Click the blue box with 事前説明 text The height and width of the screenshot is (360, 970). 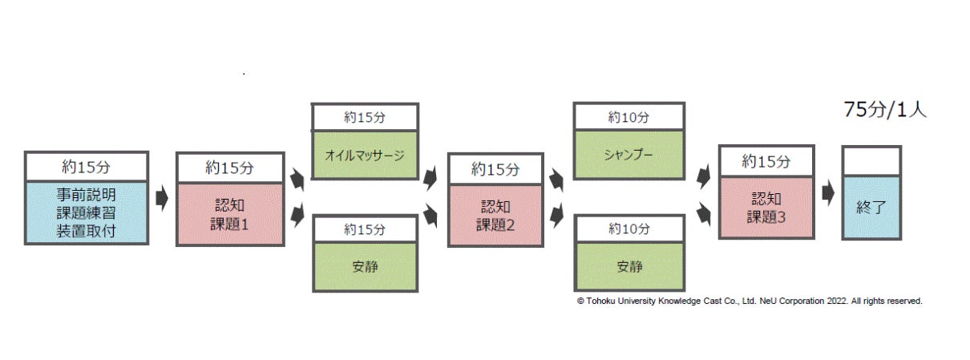[x=86, y=212]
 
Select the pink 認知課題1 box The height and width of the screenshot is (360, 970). [x=230, y=213]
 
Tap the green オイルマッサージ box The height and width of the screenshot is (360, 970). [x=365, y=153]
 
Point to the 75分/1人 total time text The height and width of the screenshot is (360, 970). [x=884, y=111]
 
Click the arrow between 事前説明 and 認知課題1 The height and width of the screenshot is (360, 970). [x=162, y=198]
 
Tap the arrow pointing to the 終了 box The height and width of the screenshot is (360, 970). [x=828, y=193]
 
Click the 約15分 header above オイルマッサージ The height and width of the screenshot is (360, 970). [x=365, y=117]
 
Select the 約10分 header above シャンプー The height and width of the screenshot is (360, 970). [x=628, y=117]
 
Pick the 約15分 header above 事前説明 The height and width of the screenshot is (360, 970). [x=86, y=166]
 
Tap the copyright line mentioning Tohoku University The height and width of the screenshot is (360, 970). [x=750, y=301]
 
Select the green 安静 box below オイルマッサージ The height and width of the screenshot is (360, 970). [x=365, y=266]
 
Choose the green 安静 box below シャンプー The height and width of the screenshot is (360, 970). [x=628, y=265]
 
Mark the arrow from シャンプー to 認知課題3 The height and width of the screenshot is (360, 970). [x=703, y=176]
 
